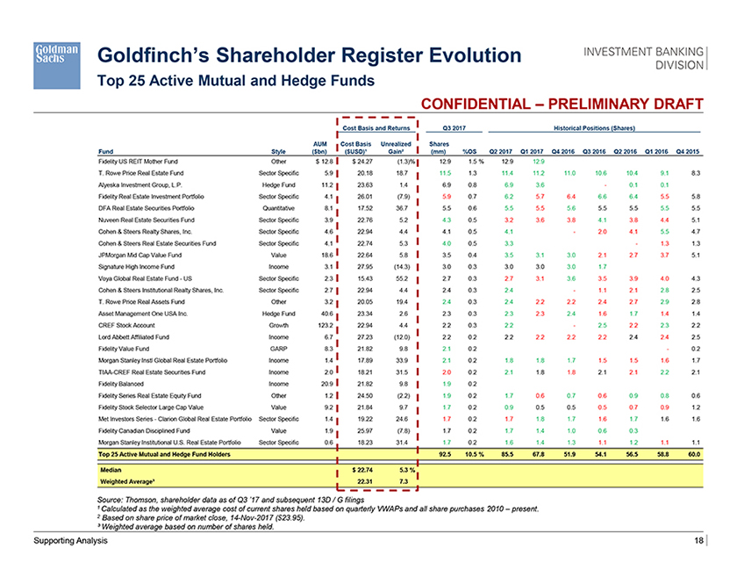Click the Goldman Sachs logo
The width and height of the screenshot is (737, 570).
57,55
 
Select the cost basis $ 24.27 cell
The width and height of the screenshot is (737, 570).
363,162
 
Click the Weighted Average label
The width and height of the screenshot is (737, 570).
132,481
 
